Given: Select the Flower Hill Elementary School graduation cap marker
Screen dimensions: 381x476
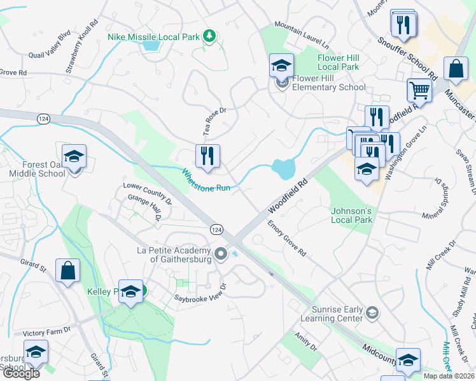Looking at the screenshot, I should point(281,65).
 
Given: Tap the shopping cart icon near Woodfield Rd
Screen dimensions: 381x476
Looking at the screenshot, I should point(419,90).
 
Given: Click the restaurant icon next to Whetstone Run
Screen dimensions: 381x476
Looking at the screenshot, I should point(207,156).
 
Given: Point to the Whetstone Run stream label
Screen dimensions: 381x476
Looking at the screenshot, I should point(206,180).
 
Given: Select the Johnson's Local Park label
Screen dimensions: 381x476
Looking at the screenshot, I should point(351,215).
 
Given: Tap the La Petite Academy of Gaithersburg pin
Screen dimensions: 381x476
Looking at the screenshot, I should point(221,254).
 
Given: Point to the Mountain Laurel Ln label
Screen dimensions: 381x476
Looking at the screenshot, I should point(302,34).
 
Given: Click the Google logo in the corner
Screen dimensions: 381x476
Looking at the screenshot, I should point(20,373).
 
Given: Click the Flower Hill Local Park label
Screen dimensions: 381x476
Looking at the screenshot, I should point(338,62).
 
